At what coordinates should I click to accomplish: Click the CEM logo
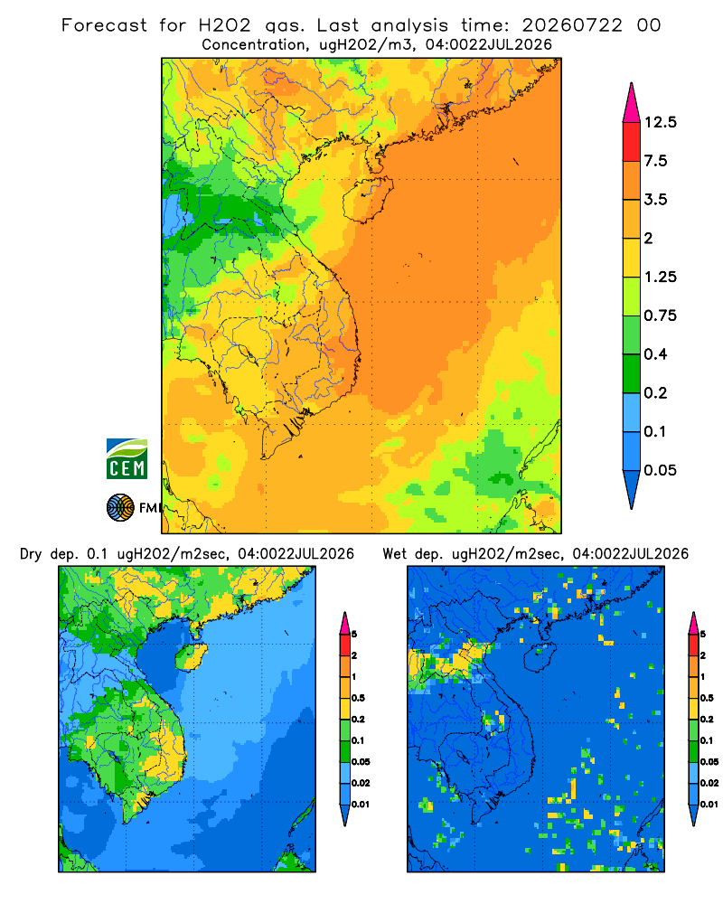pyautogui.click(x=127, y=458)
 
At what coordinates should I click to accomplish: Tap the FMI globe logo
pyautogui.click(x=120, y=508)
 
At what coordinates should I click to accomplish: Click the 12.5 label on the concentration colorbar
pyautogui.click(x=661, y=122)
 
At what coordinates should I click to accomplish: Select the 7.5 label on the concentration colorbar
pyautogui.click(x=656, y=161)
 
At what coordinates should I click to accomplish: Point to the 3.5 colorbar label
pyautogui.click(x=656, y=200)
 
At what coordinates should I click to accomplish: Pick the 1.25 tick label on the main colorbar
pyautogui.click(x=661, y=277)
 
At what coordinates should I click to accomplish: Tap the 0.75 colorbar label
pyautogui.click(x=661, y=315)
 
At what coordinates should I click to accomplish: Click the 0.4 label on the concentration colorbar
pyautogui.click(x=656, y=354)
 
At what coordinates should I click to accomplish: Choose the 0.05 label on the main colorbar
pyautogui.click(x=661, y=470)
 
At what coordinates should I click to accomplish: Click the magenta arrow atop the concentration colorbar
pyautogui.click(x=632, y=103)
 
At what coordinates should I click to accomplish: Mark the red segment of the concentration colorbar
pyautogui.click(x=632, y=142)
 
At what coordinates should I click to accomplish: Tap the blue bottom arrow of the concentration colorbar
pyautogui.click(x=632, y=489)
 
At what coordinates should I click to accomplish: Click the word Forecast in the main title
pyautogui.click(x=104, y=25)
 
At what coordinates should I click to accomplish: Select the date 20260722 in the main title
pyautogui.click(x=572, y=25)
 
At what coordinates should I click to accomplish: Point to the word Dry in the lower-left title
pyautogui.click(x=31, y=554)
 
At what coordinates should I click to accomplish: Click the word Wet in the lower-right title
pyautogui.click(x=395, y=554)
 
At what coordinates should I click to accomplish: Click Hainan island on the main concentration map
pyautogui.click(x=368, y=199)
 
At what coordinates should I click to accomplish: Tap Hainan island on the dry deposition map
pyautogui.click(x=191, y=656)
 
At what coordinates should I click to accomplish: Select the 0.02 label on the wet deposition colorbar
pyautogui.click(x=709, y=783)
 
